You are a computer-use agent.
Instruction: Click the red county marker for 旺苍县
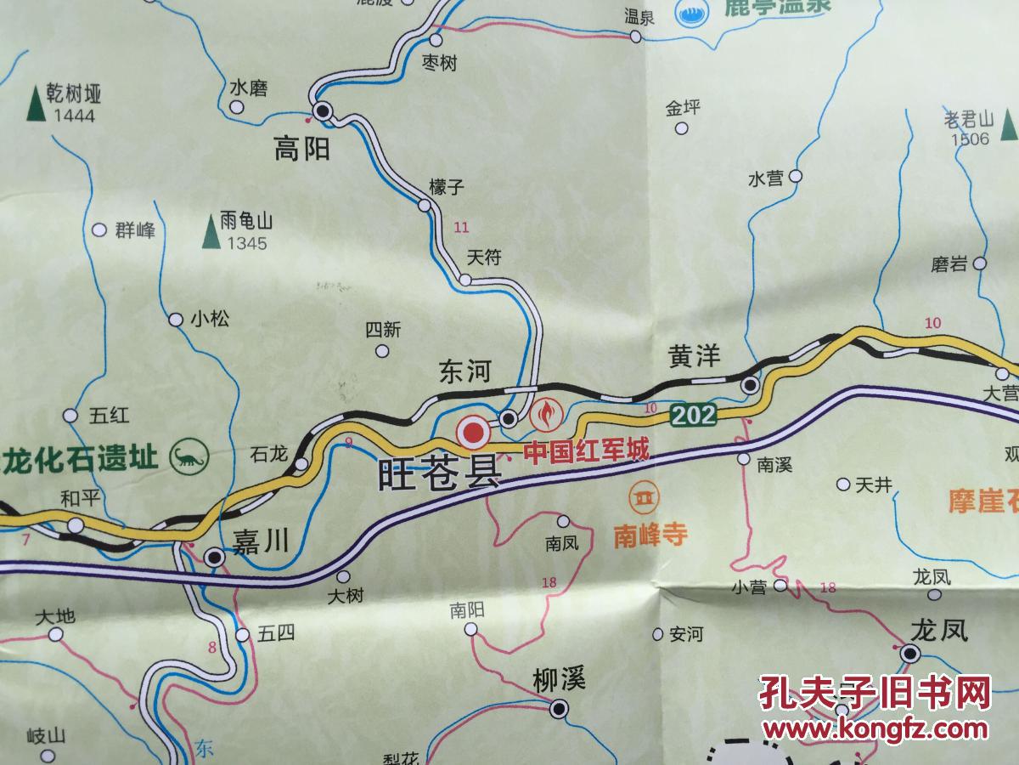(x=471, y=433)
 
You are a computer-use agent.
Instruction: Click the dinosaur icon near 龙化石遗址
(x=189, y=456)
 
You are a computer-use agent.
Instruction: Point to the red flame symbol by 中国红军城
(x=543, y=415)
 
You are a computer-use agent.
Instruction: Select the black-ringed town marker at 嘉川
(x=215, y=558)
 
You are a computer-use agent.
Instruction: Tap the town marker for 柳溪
(x=558, y=708)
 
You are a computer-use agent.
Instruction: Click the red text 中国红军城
(x=585, y=450)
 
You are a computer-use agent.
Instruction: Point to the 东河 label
(x=465, y=372)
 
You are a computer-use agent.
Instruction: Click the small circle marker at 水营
(x=796, y=176)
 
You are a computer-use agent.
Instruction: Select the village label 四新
(x=382, y=330)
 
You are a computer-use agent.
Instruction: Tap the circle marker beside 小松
(x=176, y=320)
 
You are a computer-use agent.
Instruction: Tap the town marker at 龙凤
(x=910, y=654)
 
